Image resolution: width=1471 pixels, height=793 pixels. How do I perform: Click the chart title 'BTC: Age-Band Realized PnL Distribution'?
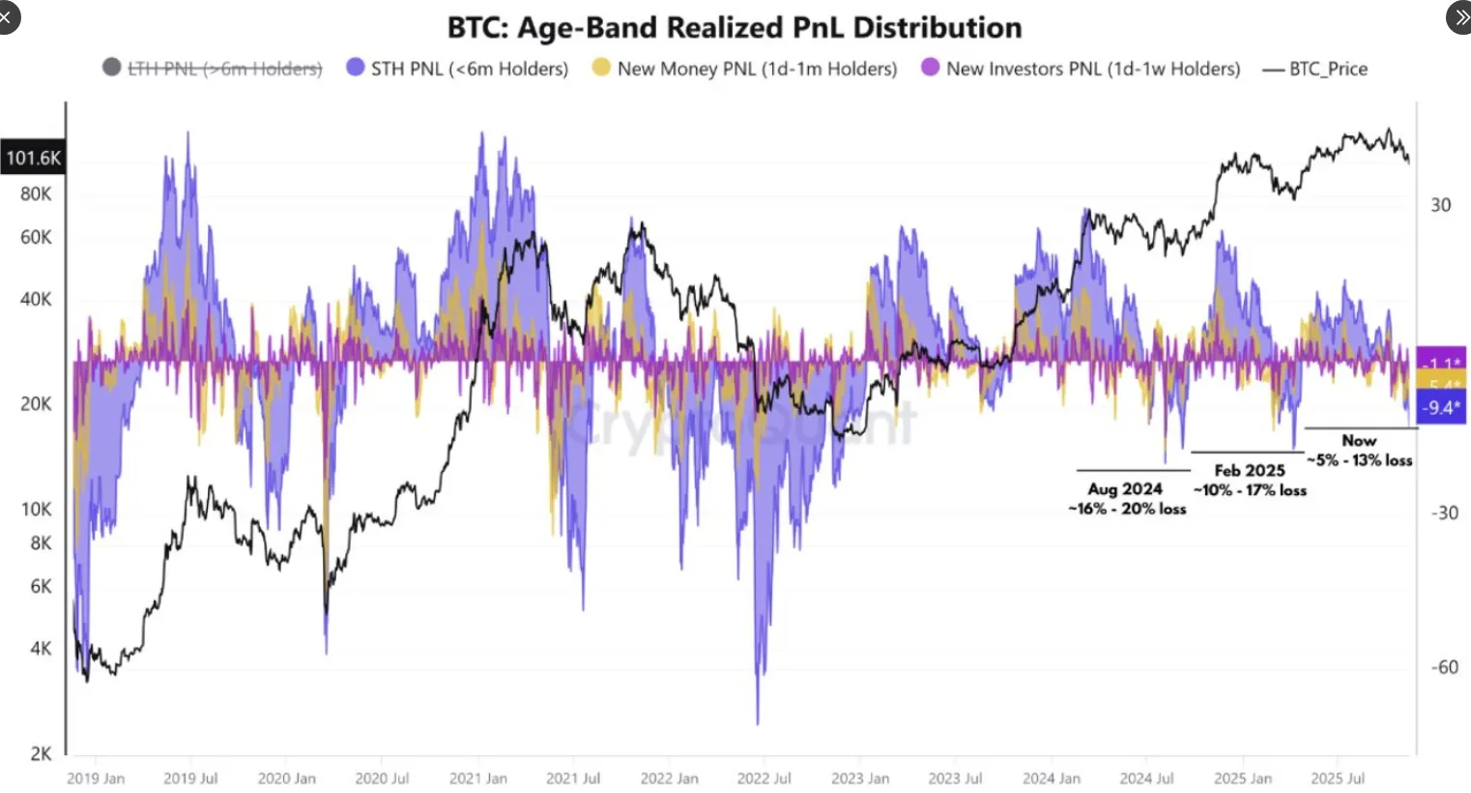click(x=735, y=27)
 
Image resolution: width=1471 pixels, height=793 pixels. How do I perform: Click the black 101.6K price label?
click(x=33, y=158)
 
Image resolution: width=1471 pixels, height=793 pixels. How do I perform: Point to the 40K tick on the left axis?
click(x=36, y=299)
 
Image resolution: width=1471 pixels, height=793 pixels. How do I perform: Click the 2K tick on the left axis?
click(x=41, y=753)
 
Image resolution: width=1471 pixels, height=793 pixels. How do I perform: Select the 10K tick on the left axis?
click(x=36, y=509)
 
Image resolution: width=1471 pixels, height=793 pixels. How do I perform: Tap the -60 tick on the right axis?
click(x=1445, y=667)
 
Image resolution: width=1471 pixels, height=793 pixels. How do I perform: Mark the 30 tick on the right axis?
click(x=1441, y=205)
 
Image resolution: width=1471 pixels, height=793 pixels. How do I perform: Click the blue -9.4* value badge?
click(x=1441, y=408)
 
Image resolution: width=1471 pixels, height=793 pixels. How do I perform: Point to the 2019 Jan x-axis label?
click(x=96, y=778)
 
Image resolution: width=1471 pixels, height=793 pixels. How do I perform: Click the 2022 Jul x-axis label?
click(x=764, y=778)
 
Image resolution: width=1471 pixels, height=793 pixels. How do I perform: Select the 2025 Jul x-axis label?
click(x=1338, y=778)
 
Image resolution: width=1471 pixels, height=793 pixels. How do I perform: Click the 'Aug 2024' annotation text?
click(x=1125, y=489)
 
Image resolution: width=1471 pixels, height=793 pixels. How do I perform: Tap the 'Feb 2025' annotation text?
click(x=1250, y=471)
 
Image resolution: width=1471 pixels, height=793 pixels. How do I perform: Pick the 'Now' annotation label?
click(x=1359, y=441)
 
